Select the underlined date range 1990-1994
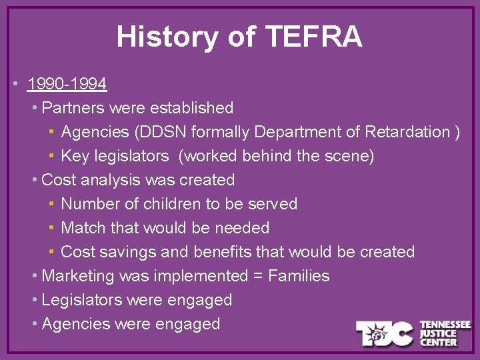67,84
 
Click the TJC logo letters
383,333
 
